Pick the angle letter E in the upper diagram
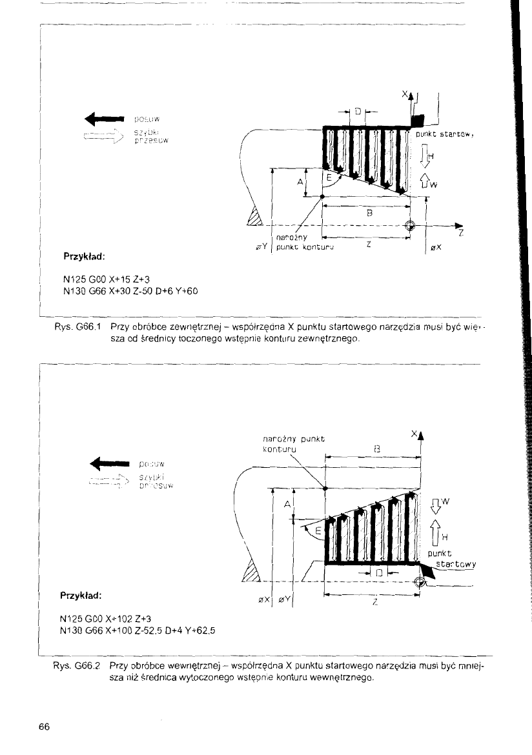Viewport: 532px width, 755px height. (x=330, y=176)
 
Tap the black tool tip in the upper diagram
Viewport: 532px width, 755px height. (x=417, y=120)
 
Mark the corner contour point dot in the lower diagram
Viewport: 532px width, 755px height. (x=325, y=488)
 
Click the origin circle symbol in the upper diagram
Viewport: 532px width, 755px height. (x=409, y=226)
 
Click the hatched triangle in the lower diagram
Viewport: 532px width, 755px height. (x=249, y=573)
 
